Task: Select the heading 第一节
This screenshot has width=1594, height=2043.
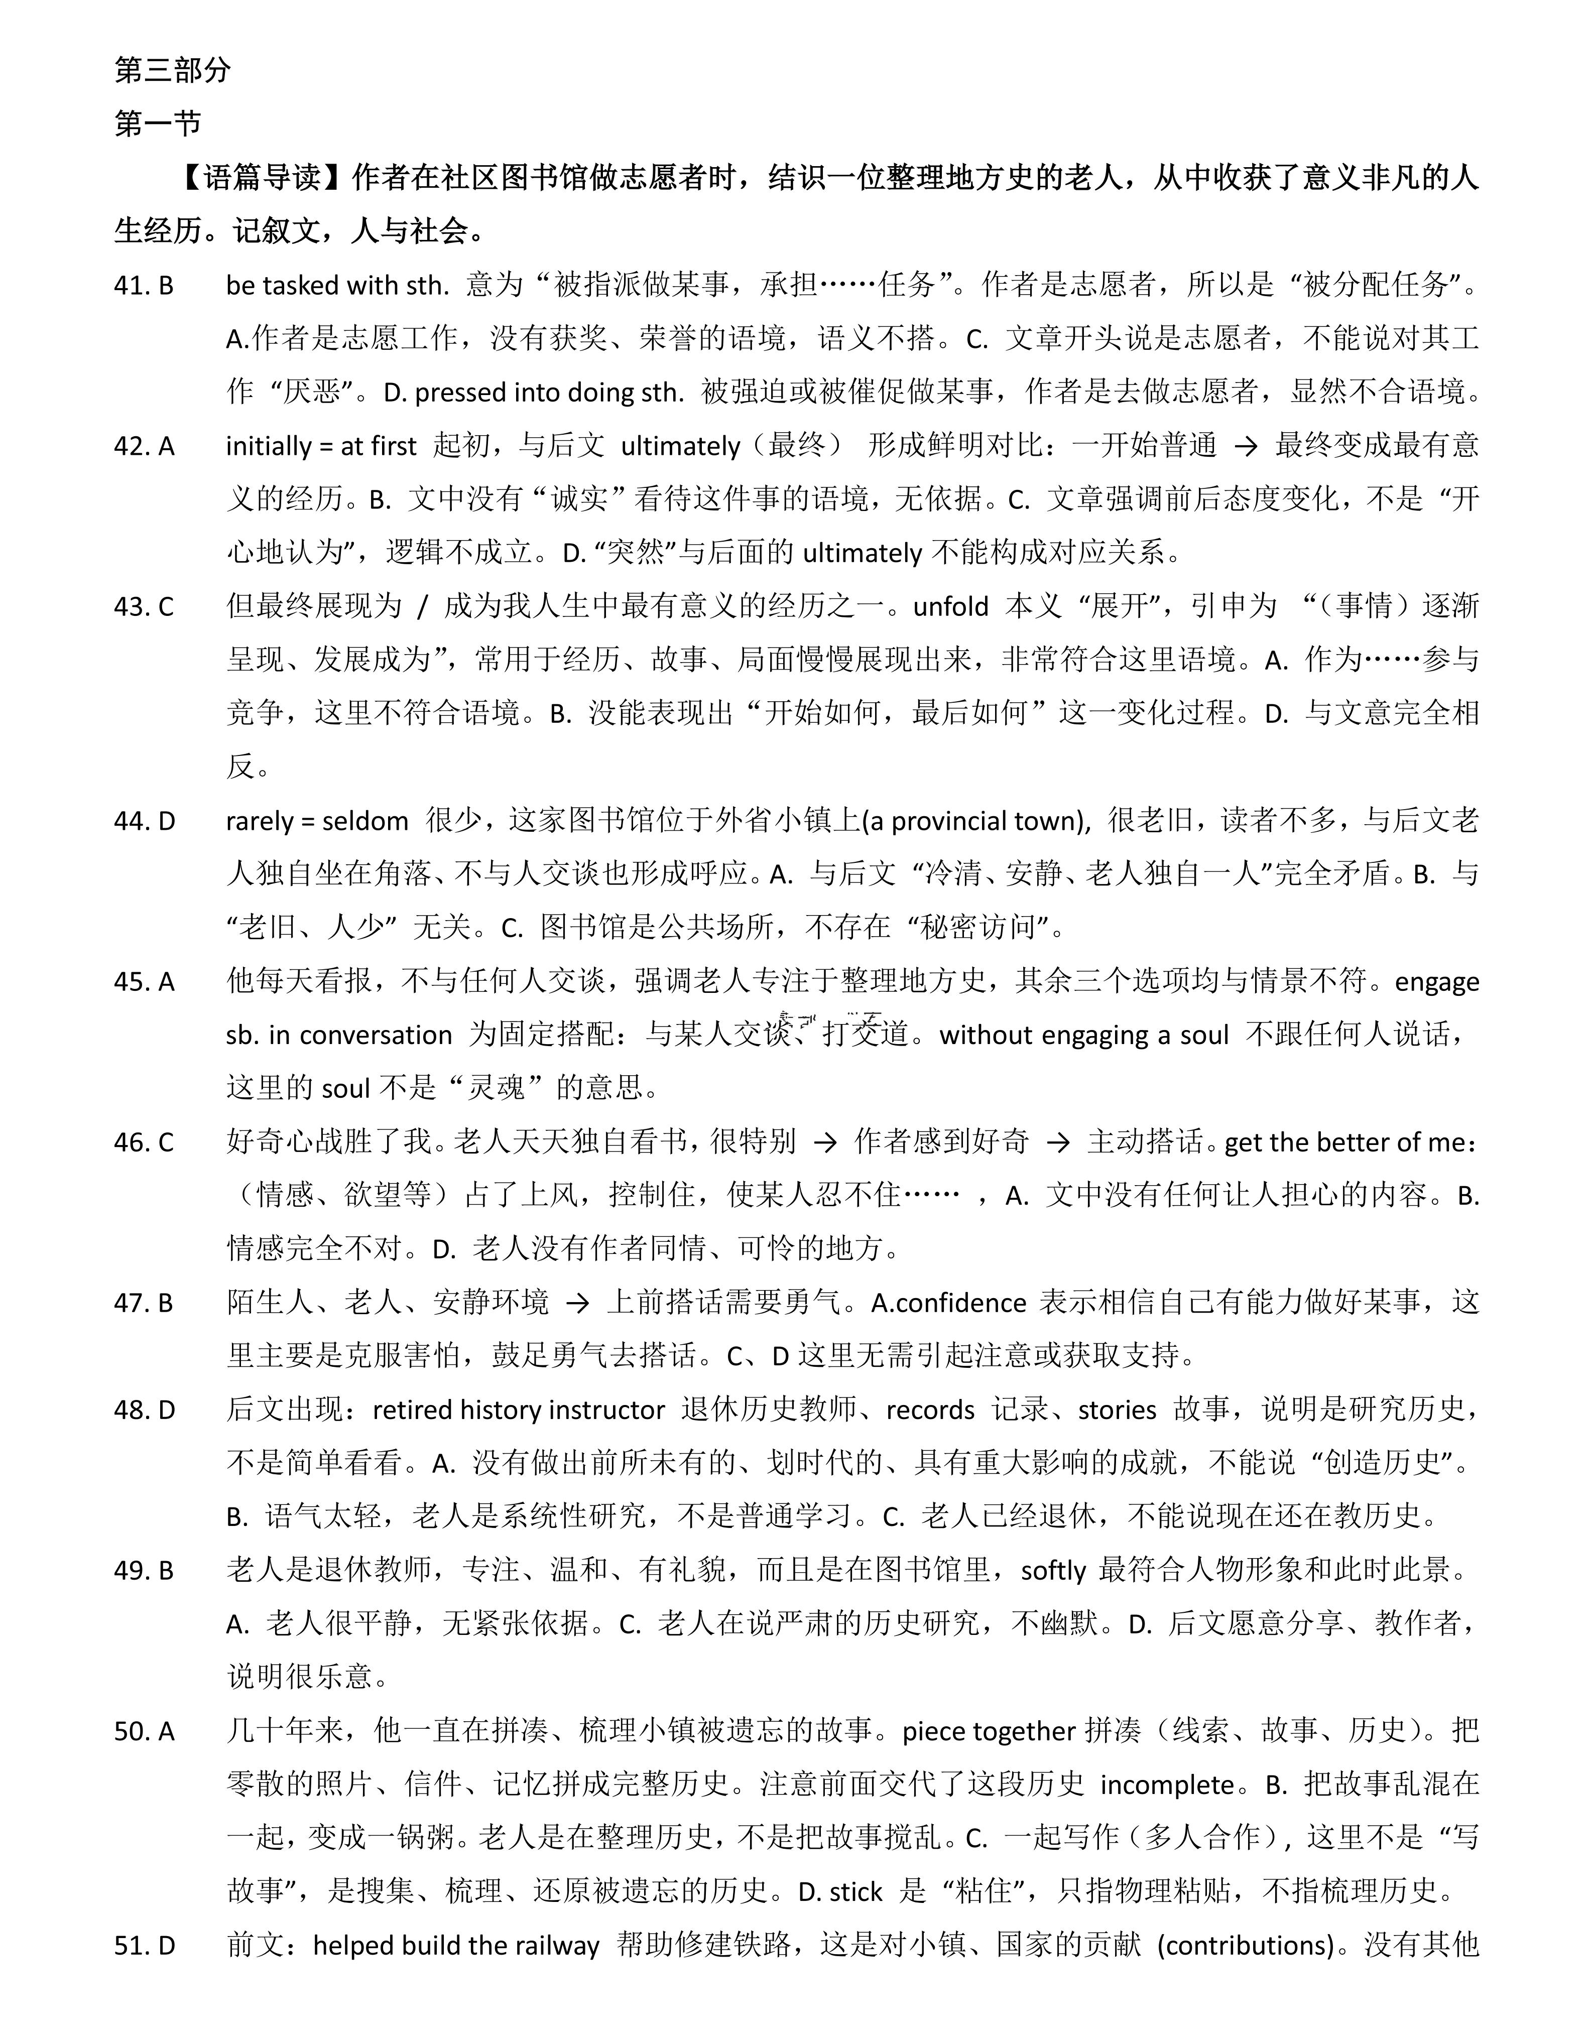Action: tap(157, 123)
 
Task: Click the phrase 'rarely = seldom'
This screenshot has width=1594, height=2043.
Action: tap(317, 821)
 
